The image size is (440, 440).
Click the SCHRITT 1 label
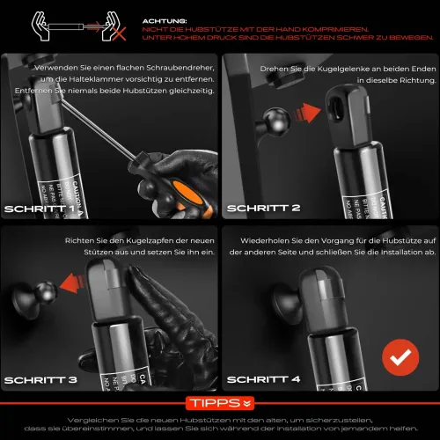[x=40, y=209]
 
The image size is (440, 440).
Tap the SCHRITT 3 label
[x=40, y=380]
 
